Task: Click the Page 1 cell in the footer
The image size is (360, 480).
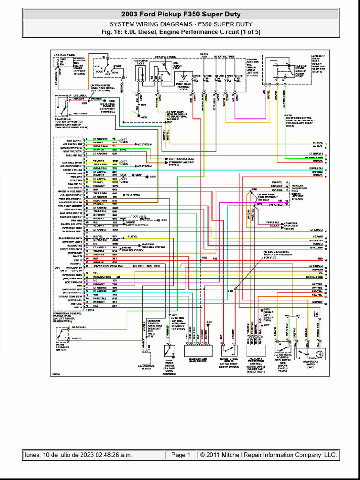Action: click(x=181, y=455)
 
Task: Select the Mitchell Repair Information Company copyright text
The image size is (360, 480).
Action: click(x=268, y=455)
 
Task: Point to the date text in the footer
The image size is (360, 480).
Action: click(x=79, y=455)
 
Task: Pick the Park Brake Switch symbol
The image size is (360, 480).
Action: click(x=169, y=350)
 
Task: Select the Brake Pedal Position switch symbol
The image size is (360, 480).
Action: click(x=61, y=104)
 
